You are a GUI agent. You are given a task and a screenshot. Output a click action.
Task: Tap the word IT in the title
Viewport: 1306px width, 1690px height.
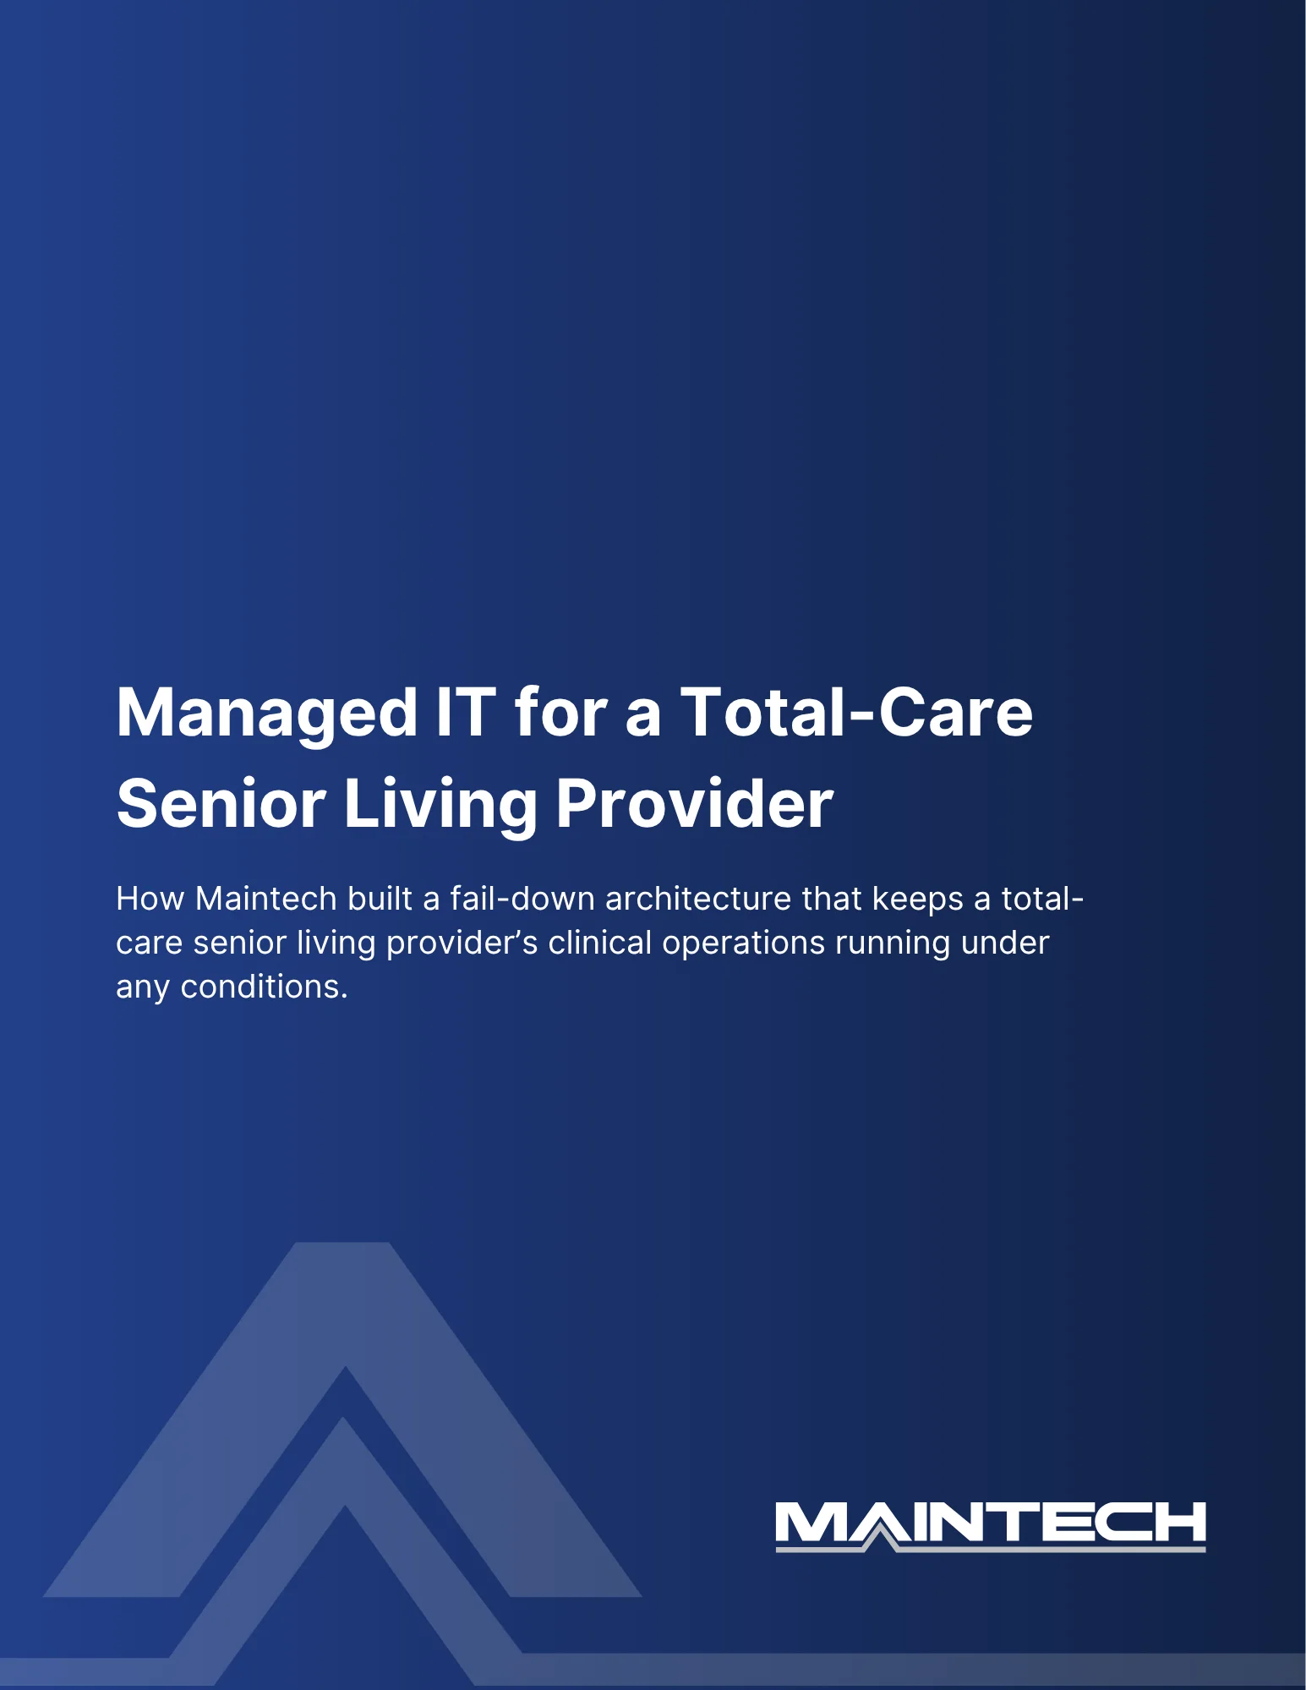coord(465,712)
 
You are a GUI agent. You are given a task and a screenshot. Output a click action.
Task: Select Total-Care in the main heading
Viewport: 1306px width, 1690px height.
coord(856,712)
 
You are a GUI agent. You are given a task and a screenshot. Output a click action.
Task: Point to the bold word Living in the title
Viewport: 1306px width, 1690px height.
coord(440,805)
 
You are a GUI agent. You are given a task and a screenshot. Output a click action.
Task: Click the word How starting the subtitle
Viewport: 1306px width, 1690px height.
coord(150,899)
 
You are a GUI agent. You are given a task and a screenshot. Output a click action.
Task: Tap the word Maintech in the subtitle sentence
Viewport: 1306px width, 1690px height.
coord(266,899)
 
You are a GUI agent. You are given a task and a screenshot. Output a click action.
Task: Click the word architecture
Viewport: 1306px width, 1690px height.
coord(698,899)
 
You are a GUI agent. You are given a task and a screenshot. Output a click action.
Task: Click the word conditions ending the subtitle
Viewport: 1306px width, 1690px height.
coord(264,987)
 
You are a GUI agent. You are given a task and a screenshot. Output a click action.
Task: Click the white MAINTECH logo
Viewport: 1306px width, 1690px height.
coord(991,1526)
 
